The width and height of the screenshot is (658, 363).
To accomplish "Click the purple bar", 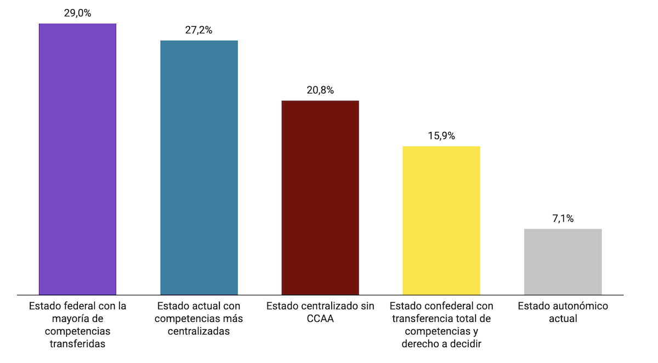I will [77, 159].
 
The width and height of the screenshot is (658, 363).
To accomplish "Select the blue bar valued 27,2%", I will [199, 168].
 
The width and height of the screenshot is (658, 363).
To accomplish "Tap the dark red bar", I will [320, 198].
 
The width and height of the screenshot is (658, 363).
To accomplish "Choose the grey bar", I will [563, 262].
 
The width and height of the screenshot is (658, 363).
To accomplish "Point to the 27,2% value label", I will [198, 31].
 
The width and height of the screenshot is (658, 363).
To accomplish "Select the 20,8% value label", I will [320, 90].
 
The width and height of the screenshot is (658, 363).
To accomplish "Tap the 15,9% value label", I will [441, 136].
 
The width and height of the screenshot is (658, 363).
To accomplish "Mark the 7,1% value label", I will [563, 219].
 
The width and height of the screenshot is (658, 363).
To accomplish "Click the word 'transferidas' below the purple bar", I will [77, 344].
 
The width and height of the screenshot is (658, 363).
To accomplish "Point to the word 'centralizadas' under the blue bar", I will [199, 331].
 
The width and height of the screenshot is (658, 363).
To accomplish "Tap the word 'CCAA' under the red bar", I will [320, 319].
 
